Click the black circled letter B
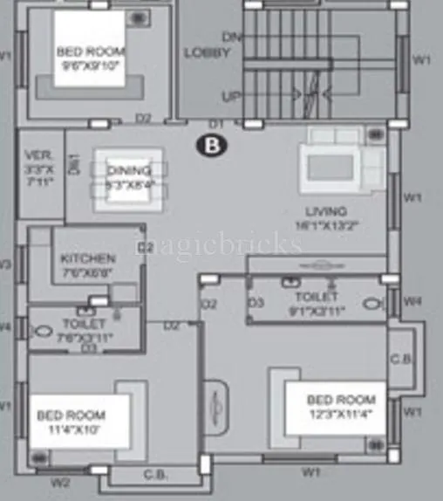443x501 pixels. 212,145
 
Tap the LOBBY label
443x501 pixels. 207,52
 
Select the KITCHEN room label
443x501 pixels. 87,258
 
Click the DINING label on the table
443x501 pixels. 128,170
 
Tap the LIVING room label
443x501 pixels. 325,210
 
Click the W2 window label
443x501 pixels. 59,481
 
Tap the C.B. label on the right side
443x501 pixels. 402,357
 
